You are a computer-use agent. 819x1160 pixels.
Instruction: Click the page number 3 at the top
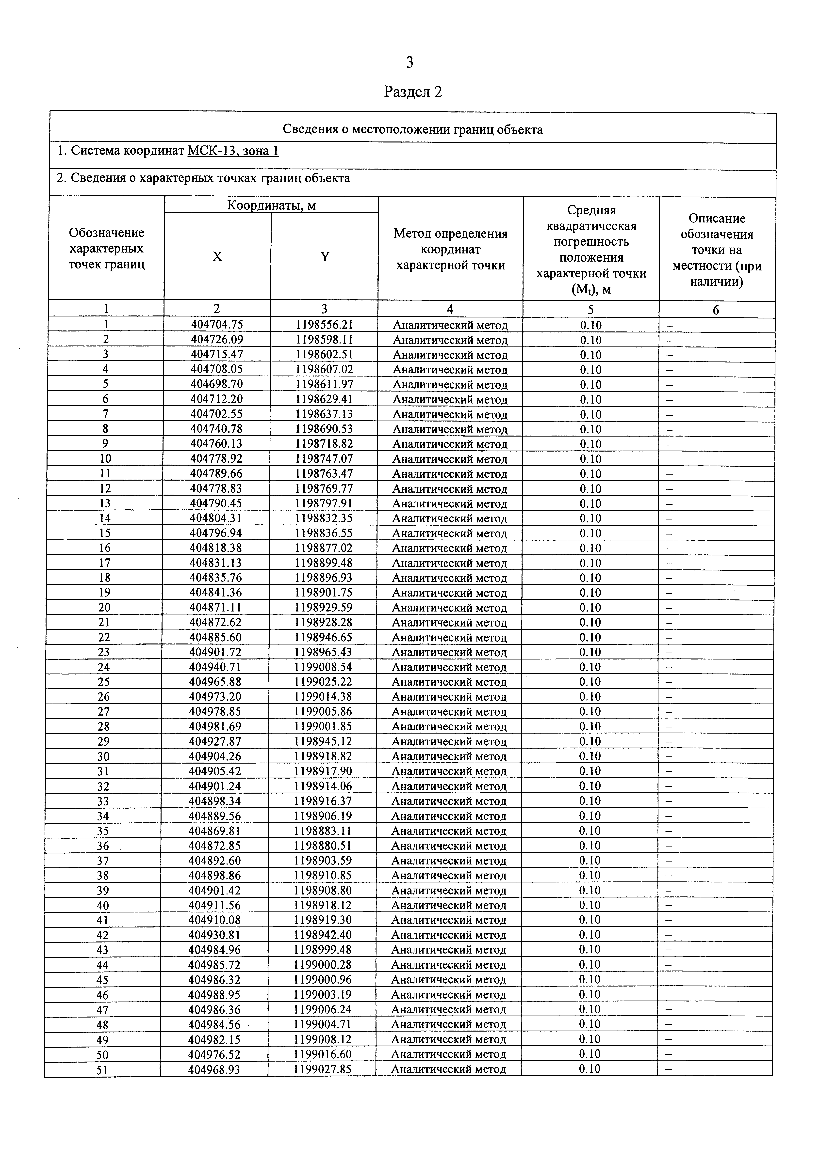[409, 63]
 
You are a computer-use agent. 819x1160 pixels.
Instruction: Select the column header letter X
[217, 257]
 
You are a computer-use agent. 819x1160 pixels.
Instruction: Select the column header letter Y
[325, 257]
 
